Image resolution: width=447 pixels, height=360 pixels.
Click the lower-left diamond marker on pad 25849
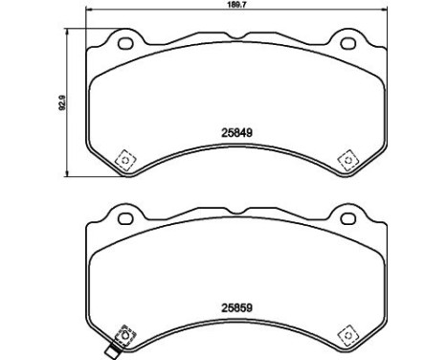[123, 159]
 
